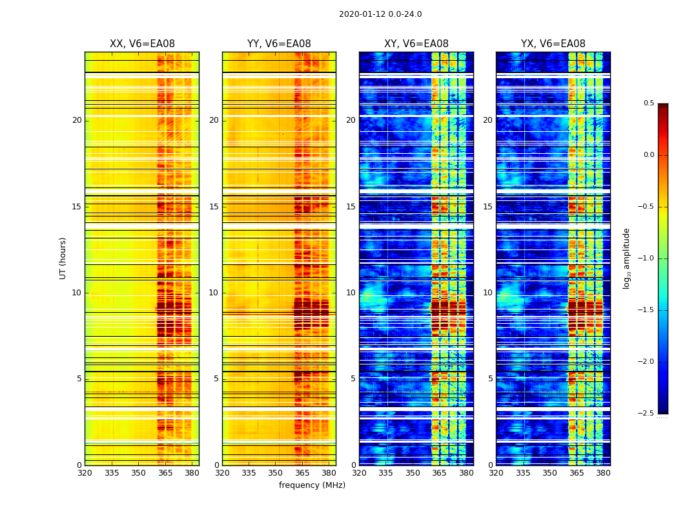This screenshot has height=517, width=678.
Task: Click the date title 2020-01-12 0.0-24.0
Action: (380, 14)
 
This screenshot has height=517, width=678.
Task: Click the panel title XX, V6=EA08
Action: (142, 44)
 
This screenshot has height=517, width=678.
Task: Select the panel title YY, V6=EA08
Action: (279, 44)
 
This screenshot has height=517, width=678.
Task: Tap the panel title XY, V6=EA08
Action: (416, 44)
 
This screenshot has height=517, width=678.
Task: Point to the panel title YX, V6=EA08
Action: (553, 44)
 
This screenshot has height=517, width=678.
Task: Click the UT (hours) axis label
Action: (63, 258)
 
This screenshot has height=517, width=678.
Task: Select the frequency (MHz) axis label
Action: (312, 485)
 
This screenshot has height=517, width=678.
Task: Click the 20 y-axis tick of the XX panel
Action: (77, 120)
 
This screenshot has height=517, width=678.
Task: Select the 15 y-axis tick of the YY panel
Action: (214, 207)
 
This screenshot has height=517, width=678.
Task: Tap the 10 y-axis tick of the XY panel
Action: (351, 293)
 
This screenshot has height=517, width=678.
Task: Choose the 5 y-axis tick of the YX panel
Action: (490, 379)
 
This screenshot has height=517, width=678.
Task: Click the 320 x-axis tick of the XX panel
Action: (85, 473)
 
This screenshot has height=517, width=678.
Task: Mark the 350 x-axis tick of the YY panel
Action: (276, 473)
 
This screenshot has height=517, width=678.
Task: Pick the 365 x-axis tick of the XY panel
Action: (439, 473)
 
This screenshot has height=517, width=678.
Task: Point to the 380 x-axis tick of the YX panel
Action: (603, 473)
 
